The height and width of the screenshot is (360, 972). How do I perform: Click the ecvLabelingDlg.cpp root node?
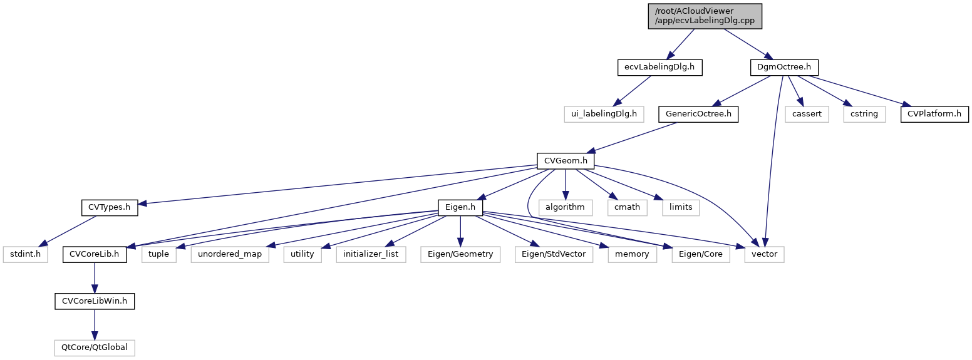[x=705, y=16]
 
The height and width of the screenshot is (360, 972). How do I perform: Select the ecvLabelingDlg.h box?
[x=659, y=66]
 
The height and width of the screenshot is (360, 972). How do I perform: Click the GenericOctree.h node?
[x=698, y=114]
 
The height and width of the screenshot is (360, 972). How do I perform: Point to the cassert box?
[x=807, y=114]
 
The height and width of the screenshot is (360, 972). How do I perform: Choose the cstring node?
[x=864, y=114]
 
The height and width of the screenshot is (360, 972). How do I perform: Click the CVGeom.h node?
[x=565, y=161]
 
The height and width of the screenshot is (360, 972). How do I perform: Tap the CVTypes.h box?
[x=109, y=207]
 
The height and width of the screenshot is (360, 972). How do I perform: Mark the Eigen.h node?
[x=460, y=207]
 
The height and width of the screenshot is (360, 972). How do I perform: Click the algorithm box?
[x=565, y=207]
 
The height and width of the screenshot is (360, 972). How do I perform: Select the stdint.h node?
[x=25, y=255]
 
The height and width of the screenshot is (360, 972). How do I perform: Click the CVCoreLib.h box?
[x=95, y=255]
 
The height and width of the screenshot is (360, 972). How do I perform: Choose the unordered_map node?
[x=230, y=255]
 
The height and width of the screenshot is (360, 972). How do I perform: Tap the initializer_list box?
[x=371, y=255]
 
